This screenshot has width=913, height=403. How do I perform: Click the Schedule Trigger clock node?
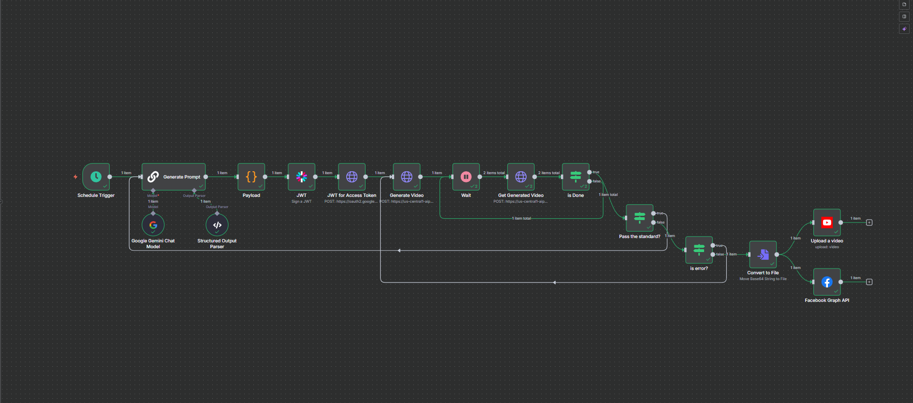click(96, 177)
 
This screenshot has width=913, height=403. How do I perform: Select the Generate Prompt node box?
click(174, 177)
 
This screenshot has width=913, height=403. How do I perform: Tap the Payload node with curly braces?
click(251, 177)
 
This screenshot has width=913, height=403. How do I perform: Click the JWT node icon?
click(301, 177)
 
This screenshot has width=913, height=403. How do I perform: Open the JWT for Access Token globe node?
click(352, 177)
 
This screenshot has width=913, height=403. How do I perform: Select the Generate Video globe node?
click(407, 177)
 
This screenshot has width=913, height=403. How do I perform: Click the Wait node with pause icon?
click(466, 177)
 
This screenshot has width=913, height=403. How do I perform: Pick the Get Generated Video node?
click(521, 177)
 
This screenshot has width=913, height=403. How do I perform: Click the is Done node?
click(575, 177)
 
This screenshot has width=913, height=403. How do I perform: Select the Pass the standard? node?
click(639, 218)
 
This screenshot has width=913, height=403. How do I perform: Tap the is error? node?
click(699, 250)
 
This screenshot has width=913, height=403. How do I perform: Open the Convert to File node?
click(763, 254)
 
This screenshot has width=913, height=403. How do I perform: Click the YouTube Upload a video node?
click(827, 223)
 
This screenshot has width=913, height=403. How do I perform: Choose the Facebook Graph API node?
click(827, 282)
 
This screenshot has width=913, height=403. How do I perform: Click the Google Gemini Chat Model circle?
click(153, 225)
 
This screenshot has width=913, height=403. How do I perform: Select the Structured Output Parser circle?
click(217, 225)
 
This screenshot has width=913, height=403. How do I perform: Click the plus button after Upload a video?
click(869, 223)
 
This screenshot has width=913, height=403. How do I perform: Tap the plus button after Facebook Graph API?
click(869, 282)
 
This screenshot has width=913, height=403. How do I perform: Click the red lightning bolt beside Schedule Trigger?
click(75, 177)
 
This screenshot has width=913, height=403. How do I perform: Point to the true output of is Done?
click(589, 172)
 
